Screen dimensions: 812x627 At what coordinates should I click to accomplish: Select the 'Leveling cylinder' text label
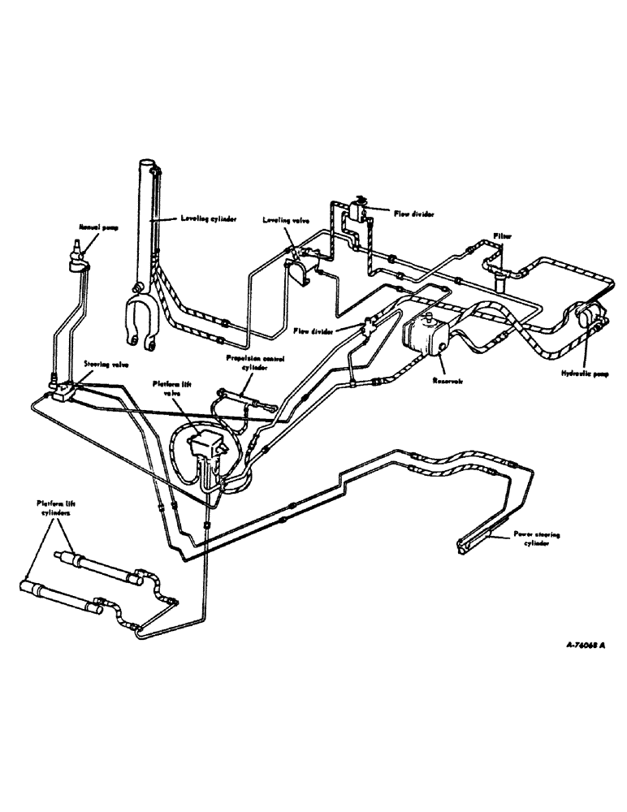tap(200, 219)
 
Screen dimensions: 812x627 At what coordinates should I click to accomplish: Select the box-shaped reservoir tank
tap(423, 334)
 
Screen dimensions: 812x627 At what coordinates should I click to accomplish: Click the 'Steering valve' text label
tap(105, 365)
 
